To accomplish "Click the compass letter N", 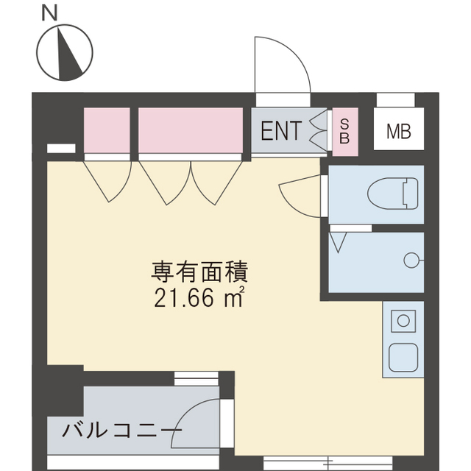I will coord(49,13).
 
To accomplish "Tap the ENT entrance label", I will coord(280,132).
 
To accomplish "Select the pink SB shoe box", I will coord(344,132).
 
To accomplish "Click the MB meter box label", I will coord(399,132).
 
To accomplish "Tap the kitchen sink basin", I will coord(404,358).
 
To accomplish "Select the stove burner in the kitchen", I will coord(403,321).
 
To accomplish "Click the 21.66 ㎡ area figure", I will coord(199,299).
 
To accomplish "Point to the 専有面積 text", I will coord(200,273).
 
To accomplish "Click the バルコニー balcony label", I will coord(121,430).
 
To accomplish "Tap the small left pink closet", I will coord(107,130).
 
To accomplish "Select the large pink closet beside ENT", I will coord(191,130).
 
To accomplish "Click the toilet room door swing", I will coord(302,195).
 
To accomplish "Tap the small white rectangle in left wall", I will coord(61,148).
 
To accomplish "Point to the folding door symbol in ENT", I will coord(318,131).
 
